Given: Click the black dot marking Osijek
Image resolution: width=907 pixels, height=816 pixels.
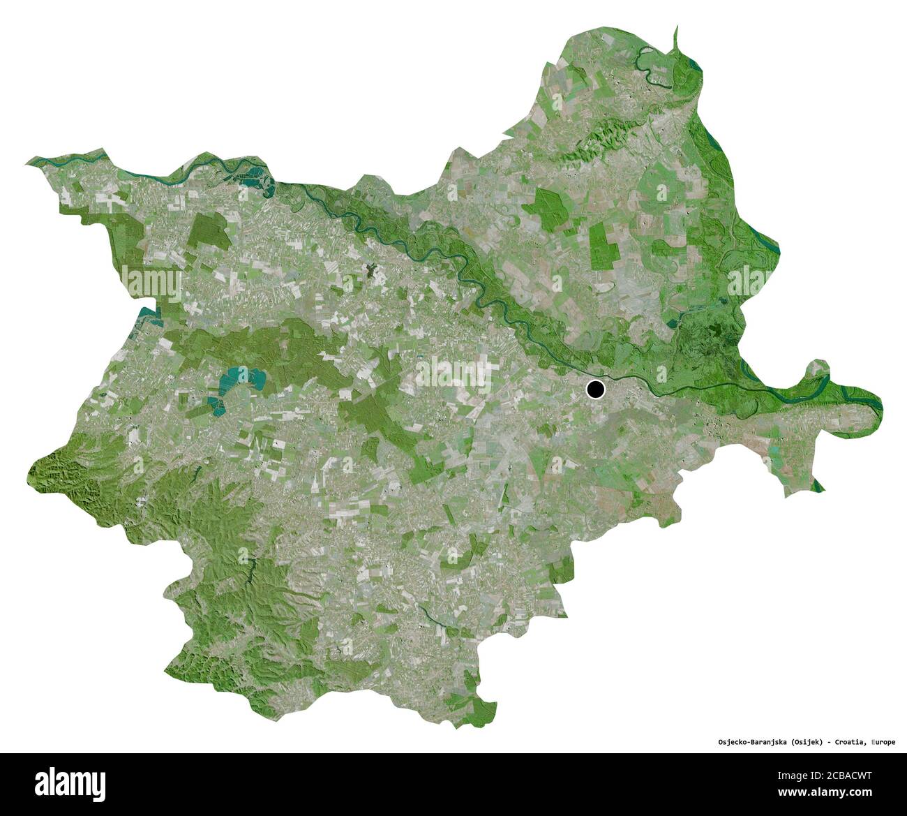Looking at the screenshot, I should click(595, 389).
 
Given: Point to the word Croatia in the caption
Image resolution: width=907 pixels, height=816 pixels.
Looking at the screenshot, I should click(850, 742).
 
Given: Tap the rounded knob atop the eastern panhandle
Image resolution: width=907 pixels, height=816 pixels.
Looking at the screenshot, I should click(816, 369).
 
